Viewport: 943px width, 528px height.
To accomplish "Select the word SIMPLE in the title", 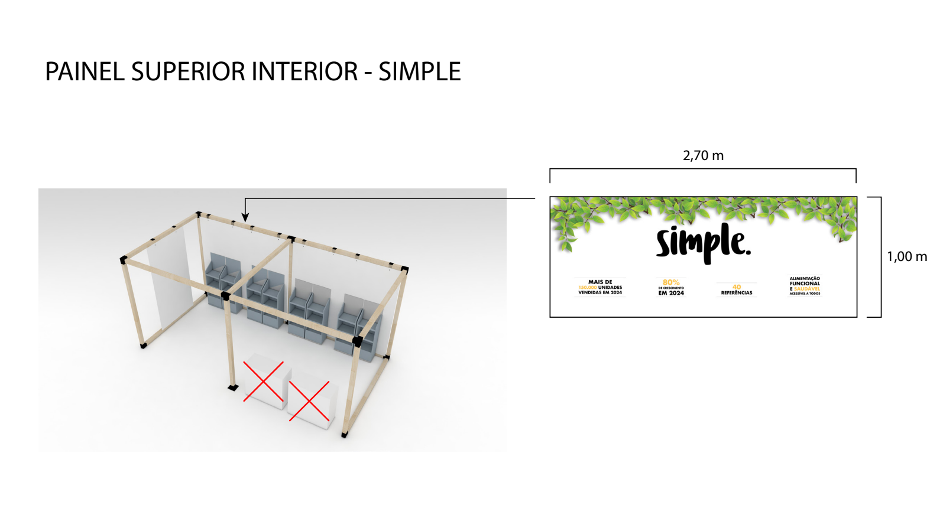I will pos(419,72).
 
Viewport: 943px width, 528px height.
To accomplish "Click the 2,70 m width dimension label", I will pos(703,155).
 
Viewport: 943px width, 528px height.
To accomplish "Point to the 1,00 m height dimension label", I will pos(906,256).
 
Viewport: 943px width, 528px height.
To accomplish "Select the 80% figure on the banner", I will pos(671,282).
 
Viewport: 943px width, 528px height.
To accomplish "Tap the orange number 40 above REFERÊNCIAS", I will pos(737,287).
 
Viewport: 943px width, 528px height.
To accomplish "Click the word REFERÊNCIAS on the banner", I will pos(737,293).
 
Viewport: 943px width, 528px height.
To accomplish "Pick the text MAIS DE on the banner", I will pos(600,282).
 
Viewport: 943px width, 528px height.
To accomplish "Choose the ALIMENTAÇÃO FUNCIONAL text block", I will pos(805,281).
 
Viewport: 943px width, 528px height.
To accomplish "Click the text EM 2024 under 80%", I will pos(671,293).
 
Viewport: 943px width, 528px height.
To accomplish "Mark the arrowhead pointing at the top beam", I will pos(245,218).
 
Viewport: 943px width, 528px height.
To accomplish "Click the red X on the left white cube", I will pos(264,382).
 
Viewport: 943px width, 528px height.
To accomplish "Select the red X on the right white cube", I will pos(309,401).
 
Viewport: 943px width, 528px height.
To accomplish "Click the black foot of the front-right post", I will pos(344,435).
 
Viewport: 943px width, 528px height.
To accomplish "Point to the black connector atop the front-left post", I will pos(225,296).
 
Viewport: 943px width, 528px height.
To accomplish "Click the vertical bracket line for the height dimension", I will pos(880,257).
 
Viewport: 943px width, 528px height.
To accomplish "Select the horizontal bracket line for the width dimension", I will pos(703,169).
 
